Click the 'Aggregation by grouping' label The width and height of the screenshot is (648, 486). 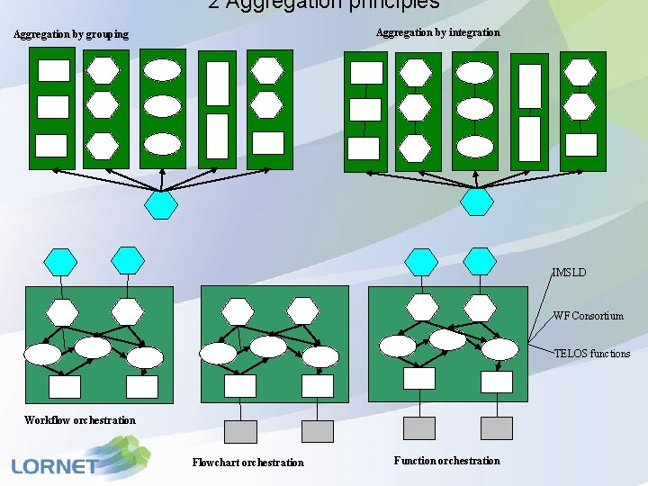(x=71, y=34)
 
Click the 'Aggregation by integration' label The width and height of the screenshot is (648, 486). (x=437, y=32)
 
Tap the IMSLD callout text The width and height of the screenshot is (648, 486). (x=569, y=272)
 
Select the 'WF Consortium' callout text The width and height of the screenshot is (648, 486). (x=588, y=316)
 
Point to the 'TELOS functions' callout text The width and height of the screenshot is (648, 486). (x=591, y=354)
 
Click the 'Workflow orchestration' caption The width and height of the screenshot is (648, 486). (x=80, y=420)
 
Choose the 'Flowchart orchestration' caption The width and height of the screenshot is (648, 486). (x=247, y=463)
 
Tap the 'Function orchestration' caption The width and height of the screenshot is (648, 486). (x=446, y=461)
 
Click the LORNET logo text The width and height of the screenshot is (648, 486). (x=56, y=466)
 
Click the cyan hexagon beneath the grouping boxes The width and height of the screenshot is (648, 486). (x=161, y=205)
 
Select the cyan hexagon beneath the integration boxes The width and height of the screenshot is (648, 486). (x=477, y=202)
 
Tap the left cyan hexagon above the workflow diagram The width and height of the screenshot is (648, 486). (x=61, y=261)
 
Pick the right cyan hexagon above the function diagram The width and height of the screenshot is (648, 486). (x=481, y=261)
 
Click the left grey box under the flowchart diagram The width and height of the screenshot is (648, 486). (x=239, y=432)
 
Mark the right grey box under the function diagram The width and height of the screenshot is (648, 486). (x=496, y=428)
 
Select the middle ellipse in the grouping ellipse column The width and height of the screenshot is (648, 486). (x=163, y=106)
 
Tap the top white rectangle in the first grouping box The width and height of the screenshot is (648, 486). (x=53, y=70)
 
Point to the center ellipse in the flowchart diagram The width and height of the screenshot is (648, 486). (x=268, y=346)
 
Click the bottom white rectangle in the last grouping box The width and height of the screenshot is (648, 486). (x=268, y=143)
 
